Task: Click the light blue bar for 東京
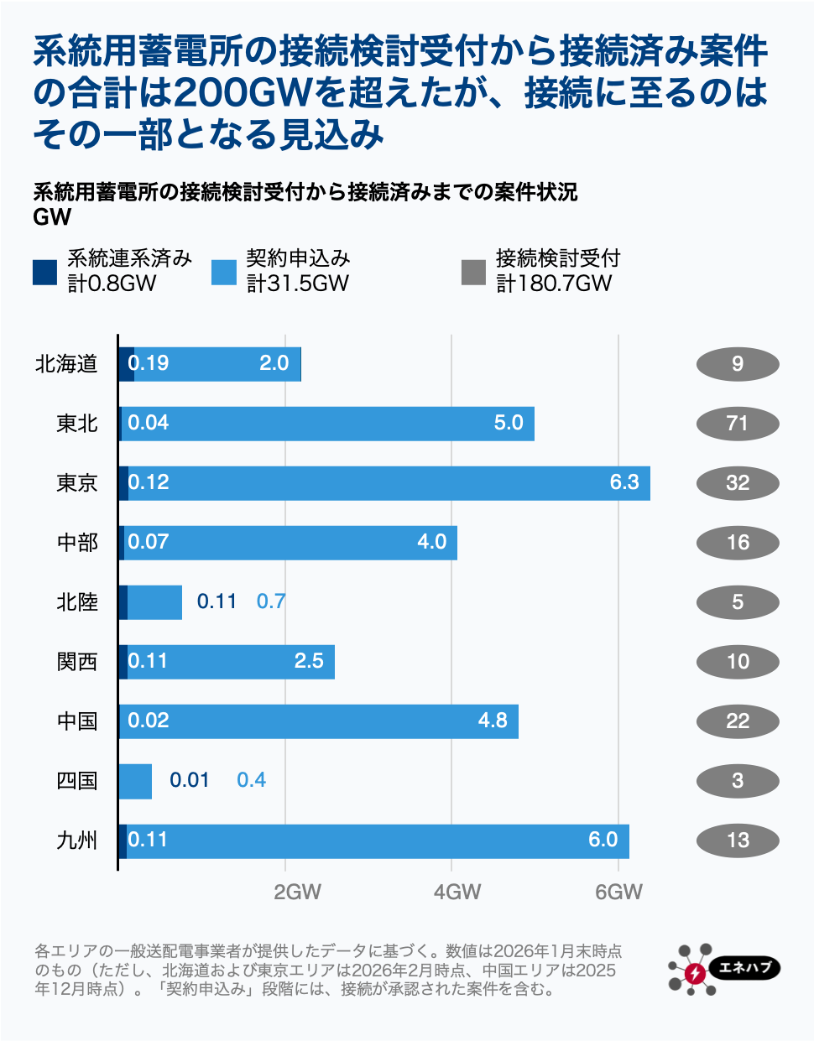[386, 483]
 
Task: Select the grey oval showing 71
[738, 424]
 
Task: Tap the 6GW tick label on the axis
[618, 892]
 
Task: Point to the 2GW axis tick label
[297, 892]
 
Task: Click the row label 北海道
[66, 364]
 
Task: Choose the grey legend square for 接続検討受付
[473, 272]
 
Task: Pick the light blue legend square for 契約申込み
[224, 272]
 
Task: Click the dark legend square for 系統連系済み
[44, 272]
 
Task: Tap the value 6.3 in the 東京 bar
[624, 482]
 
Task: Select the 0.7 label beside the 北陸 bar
[270, 601]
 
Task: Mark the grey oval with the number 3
[738, 781]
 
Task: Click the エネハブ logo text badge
[745, 967]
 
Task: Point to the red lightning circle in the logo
[695, 973]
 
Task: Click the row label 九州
[77, 841]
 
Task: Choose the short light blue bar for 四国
[136, 781]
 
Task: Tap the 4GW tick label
[457, 892]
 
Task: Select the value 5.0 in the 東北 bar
[509, 423]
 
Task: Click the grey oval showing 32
[738, 483]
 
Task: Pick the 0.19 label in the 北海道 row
[149, 363]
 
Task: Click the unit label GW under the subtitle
[52, 217]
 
